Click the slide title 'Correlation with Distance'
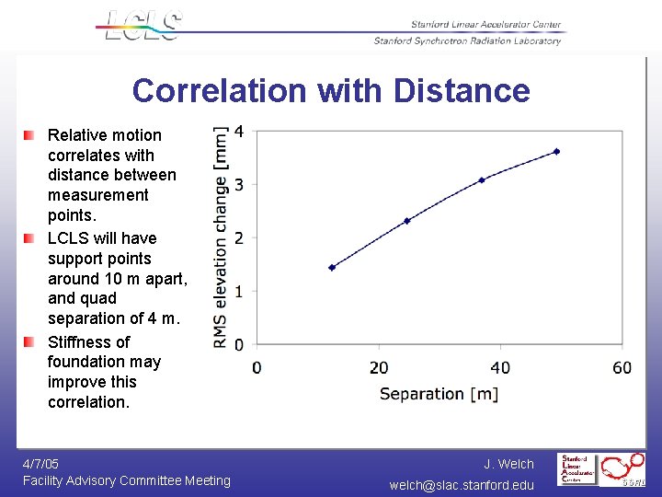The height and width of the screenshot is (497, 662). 331,90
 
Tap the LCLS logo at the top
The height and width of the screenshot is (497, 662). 143,25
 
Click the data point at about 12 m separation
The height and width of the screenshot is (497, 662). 332,267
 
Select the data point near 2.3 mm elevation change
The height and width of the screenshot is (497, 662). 406,221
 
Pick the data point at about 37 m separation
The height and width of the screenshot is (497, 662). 481,179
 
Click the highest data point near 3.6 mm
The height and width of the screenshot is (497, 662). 556,151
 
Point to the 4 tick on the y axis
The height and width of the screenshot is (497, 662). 239,132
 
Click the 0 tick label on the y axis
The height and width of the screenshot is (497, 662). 239,344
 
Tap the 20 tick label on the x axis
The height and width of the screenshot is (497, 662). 378,368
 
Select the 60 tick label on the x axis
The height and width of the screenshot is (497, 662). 622,368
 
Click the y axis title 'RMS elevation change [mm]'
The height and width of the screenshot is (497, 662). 221,237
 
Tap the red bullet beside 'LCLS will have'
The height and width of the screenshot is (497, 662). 29,238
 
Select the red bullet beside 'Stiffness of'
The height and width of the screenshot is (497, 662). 29,342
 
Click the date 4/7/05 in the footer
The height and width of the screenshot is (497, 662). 40,464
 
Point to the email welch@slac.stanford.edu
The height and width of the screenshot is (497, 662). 461,485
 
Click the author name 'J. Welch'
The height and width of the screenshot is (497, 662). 508,464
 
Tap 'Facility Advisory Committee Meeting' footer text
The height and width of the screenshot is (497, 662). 127,480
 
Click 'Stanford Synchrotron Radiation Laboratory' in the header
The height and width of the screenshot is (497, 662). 467,40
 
